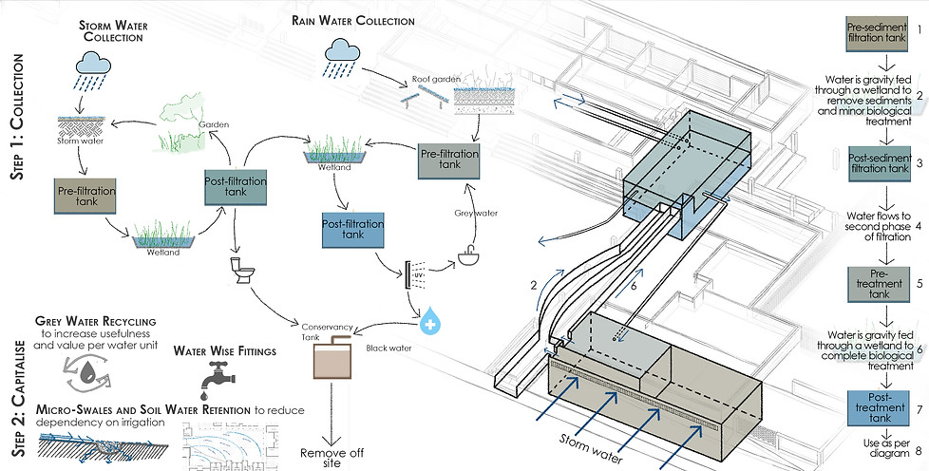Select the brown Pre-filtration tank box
click(84, 199)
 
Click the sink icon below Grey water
click(468, 256)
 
